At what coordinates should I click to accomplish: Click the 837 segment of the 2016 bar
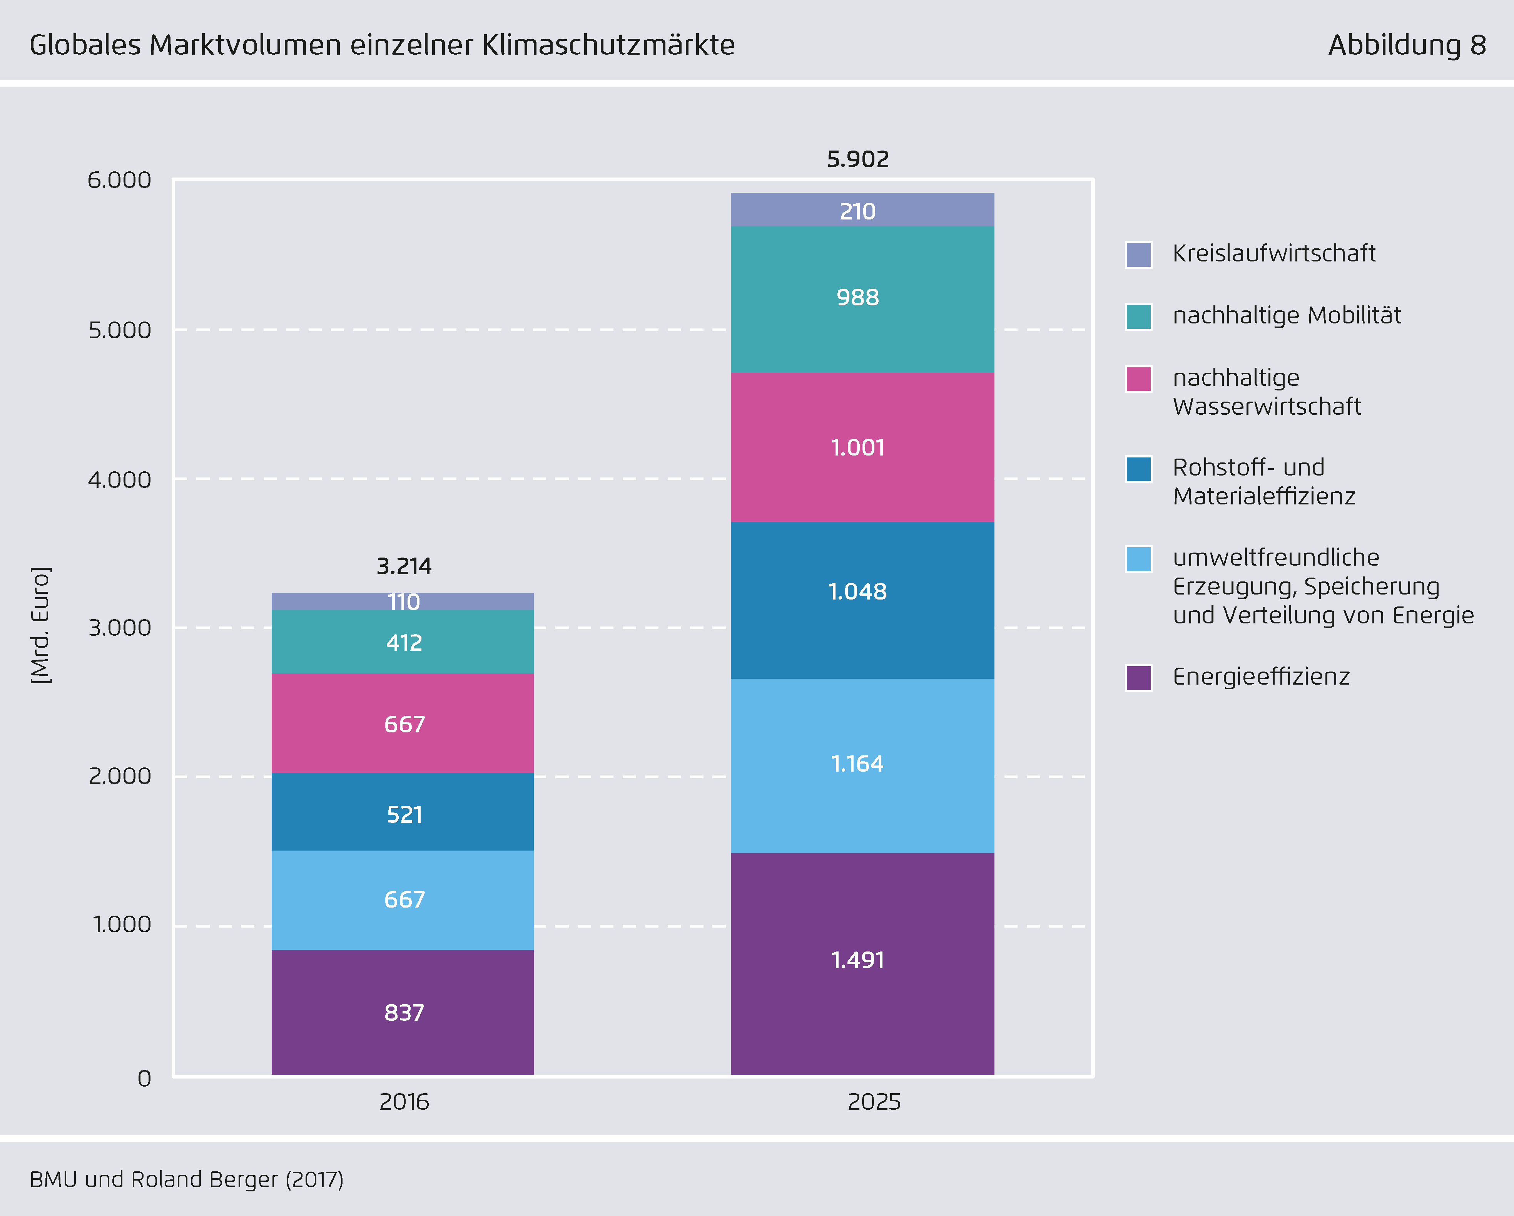[x=403, y=1012]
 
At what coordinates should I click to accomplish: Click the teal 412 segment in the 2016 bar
[x=403, y=642]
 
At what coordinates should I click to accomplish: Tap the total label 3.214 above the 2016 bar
[x=404, y=566]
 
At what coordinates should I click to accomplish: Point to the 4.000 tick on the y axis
[x=119, y=480]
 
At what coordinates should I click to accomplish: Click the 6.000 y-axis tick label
[x=119, y=180]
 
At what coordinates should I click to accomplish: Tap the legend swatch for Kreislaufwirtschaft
[x=1138, y=254]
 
